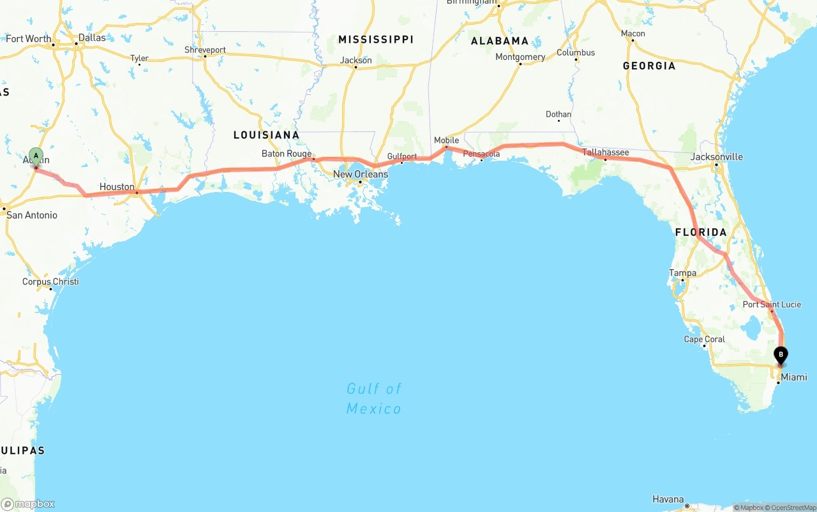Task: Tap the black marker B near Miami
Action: pyautogui.click(x=780, y=355)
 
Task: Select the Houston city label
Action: pyautogui.click(x=117, y=187)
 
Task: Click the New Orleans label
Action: pyautogui.click(x=360, y=174)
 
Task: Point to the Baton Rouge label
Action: pyautogui.click(x=287, y=154)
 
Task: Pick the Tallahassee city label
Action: pyautogui.click(x=605, y=152)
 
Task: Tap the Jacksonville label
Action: pyautogui.click(x=717, y=156)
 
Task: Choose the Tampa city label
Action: pyautogui.click(x=682, y=273)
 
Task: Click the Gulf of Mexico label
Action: pyautogui.click(x=374, y=398)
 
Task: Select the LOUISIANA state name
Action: pyautogui.click(x=266, y=135)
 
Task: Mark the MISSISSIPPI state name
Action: pyautogui.click(x=376, y=40)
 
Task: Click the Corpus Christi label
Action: pyautogui.click(x=50, y=281)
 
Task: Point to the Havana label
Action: pyautogui.click(x=668, y=499)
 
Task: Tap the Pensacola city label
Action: pyautogui.click(x=481, y=154)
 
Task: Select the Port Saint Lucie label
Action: pyautogui.click(x=771, y=304)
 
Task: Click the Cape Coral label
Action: pyautogui.click(x=704, y=339)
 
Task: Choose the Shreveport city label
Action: pyautogui.click(x=205, y=50)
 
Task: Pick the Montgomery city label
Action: pyautogui.click(x=520, y=57)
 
